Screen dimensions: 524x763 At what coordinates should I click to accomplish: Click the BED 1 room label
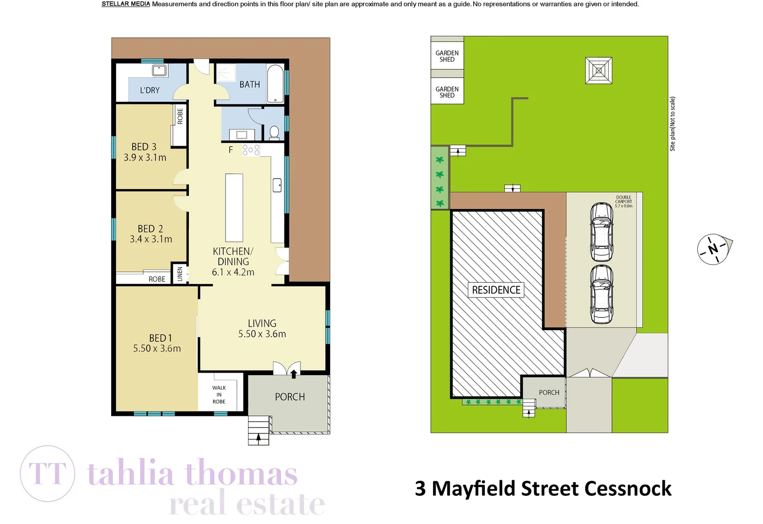pyautogui.click(x=160, y=338)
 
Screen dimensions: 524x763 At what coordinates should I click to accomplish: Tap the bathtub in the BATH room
pyautogui.click(x=275, y=83)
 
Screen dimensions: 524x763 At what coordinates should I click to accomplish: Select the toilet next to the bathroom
pyautogui.click(x=274, y=132)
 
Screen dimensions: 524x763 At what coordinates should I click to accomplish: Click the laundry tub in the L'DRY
pyautogui.click(x=159, y=70)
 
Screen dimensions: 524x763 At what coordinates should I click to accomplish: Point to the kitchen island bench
pyautogui.click(x=234, y=208)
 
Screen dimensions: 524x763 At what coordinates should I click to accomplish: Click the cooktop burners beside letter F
pyautogui.click(x=251, y=150)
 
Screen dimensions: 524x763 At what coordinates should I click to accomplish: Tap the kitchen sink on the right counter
pyautogui.click(x=277, y=185)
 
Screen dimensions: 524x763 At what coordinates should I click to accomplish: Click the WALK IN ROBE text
pyautogui.click(x=219, y=394)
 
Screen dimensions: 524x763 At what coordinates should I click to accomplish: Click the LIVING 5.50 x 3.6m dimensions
pyautogui.click(x=262, y=334)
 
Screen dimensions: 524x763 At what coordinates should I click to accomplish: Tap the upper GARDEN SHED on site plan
pyautogui.click(x=447, y=56)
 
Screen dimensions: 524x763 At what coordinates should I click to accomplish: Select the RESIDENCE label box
pyautogui.click(x=496, y=290)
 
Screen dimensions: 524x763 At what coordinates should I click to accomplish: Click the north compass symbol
pyautogui.click(x=713, y=249)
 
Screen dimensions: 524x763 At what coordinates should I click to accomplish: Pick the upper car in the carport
pyautogui.click(x=601, y=232)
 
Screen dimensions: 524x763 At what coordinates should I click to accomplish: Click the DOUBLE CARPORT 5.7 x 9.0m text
pyautogui.click(x=624, y=202)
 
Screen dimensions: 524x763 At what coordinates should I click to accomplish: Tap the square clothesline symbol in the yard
pyautogui.click(x=599, y=71)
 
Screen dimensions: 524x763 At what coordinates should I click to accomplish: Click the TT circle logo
pyautogui.click(x=48, y=474)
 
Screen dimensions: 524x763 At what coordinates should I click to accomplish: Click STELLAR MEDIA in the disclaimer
pyautogui.click(x=126, y=4)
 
